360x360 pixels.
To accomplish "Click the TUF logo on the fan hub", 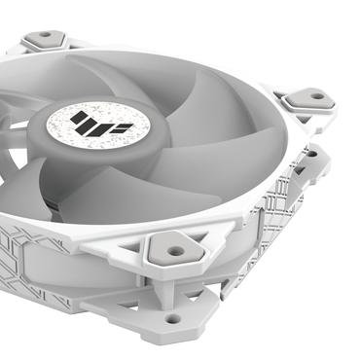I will coord(80,123).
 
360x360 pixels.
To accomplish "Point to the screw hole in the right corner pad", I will coord(314,97).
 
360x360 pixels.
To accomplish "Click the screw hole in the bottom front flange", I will coord(172,318).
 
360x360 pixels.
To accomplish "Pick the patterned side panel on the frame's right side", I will coord(282,214).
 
